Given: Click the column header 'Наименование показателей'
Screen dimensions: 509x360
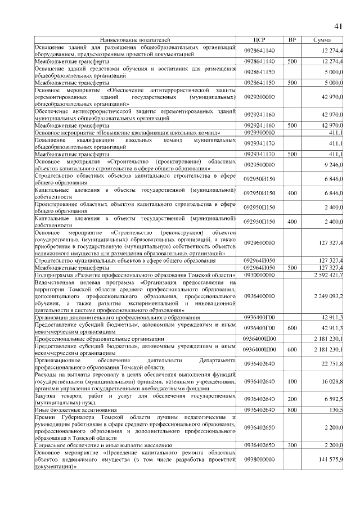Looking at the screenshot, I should coord(134,40).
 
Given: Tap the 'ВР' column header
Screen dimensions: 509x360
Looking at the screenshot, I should coord(292,40).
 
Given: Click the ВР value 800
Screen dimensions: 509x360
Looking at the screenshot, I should coord(292,410).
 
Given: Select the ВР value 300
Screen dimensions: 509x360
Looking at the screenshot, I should coord(292,445).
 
